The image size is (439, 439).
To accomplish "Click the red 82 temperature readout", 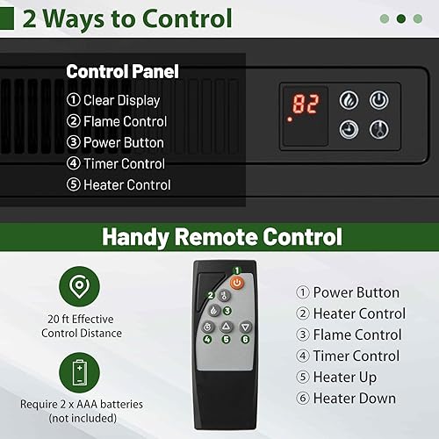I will click(306, 105).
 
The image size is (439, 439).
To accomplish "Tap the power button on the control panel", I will click(378, 100).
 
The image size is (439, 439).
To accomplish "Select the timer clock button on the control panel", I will click(349, 129).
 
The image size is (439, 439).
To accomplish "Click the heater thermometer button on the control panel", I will click(378, 129).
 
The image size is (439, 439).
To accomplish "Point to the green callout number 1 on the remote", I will click(237, 270).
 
